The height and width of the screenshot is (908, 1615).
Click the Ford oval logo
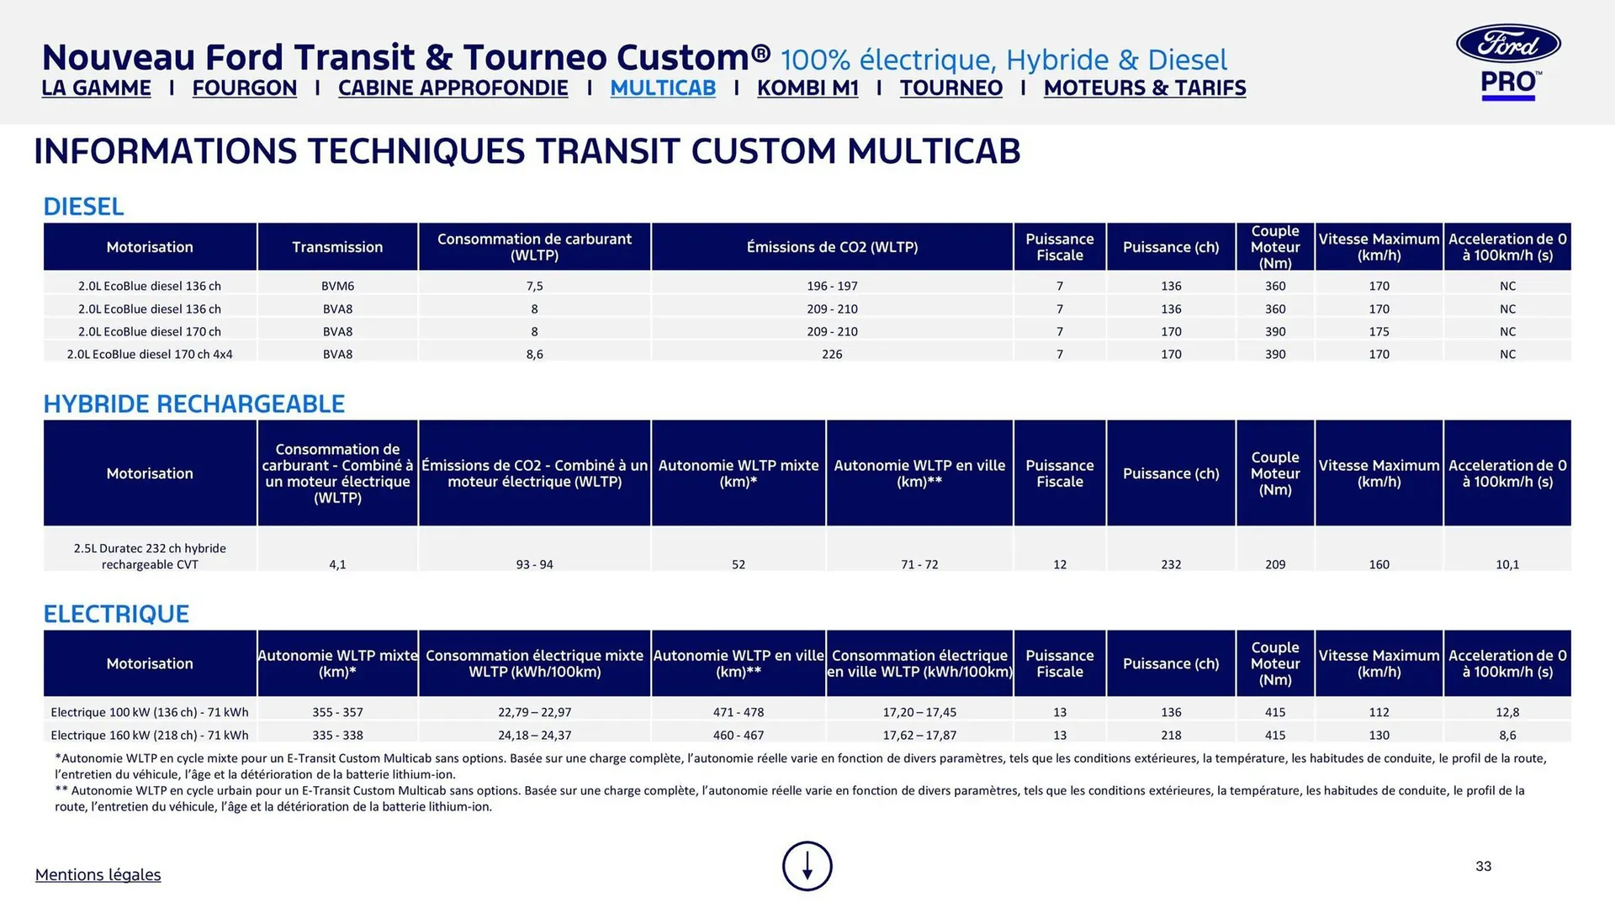coord(1508,44)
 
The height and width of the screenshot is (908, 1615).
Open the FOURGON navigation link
coord(244,88)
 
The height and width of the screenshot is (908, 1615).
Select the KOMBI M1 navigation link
coord(807,88)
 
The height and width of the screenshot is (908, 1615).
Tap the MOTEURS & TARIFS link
coord(1144,88)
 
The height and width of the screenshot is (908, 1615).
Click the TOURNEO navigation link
coord(950,88)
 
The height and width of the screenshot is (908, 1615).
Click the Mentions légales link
coord(98,874)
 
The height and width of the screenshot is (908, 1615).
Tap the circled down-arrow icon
coord(807,866)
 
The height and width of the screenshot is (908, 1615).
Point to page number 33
coord(1483,866)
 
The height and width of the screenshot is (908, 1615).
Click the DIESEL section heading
coord(83,207)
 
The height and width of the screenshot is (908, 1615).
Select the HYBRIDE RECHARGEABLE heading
coord(193,404)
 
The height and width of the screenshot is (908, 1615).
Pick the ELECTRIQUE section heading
coord(116,614)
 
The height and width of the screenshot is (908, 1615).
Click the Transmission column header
coord(337,247)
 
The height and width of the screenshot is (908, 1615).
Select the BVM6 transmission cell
coord(337,286)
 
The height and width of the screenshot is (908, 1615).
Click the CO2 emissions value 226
coord(832,354)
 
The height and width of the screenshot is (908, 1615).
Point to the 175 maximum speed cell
coord(1379,331)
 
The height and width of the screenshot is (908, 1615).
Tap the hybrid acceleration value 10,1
coord(1507,564)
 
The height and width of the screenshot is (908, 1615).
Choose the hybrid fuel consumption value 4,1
coord(337,564)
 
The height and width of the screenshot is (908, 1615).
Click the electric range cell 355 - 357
coord(337,712)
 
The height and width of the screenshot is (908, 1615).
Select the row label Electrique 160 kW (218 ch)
coord(150,735)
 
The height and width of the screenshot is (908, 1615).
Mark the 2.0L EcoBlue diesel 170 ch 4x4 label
coord(150,354)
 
